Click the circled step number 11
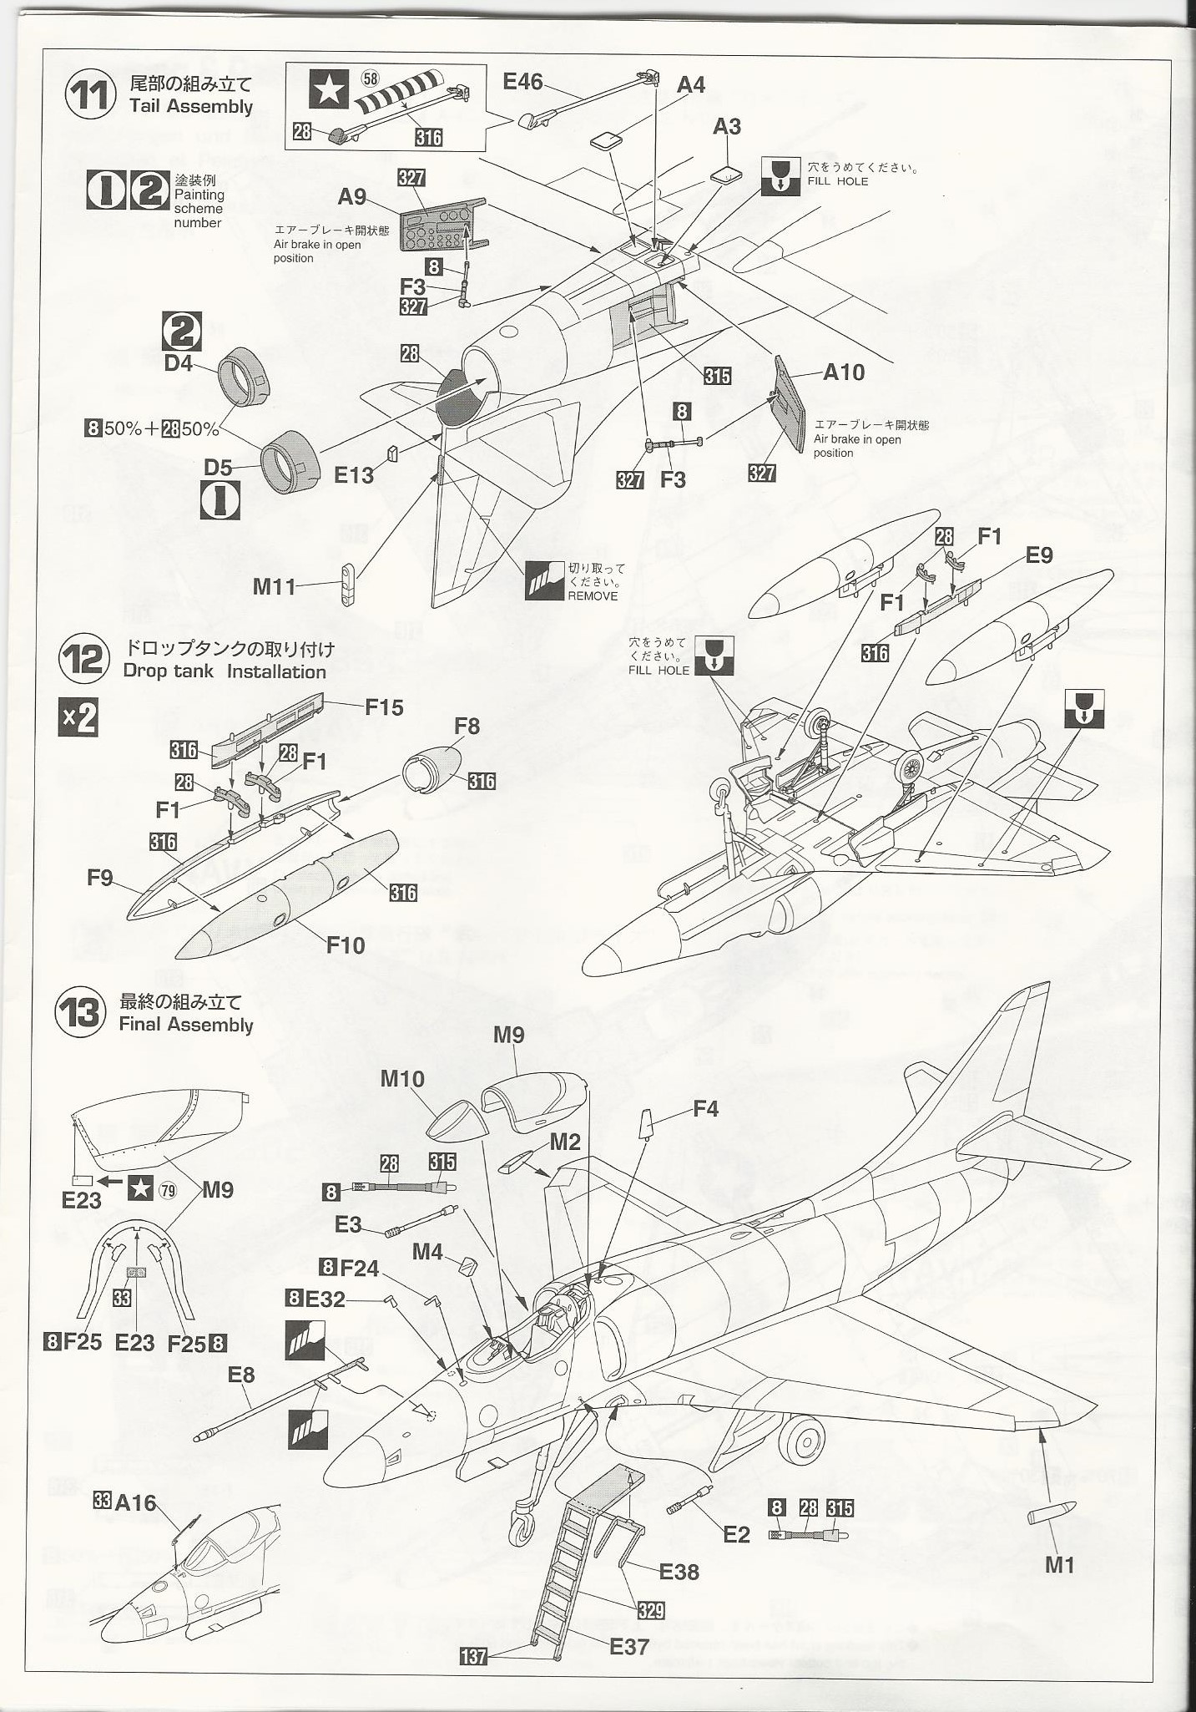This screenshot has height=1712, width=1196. (x=90, y=95)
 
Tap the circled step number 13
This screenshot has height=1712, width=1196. (x=80, y=1013)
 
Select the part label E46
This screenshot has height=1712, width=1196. (x=522, y=82)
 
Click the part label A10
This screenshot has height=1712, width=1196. (x=844, y=372)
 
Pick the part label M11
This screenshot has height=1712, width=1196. (x=275, y=587)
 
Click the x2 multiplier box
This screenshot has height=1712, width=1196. (x=78, y=717)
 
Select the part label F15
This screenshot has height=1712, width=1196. (x=384, y=708)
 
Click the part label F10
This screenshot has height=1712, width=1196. (x=345, y=945)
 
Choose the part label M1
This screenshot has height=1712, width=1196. (x=1059, y=1565)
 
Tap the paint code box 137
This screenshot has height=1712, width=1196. (x=473, y=1655)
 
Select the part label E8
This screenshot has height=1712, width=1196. (x=240, y=1375)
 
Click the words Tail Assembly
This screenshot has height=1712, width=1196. (x=191, y=107)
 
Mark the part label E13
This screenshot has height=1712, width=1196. (x=353, y=475)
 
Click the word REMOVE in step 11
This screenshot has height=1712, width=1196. (x=593, y=596)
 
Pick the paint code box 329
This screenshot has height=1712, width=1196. (x=650, y=1610)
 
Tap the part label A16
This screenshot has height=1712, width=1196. (x=135, y=1503)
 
